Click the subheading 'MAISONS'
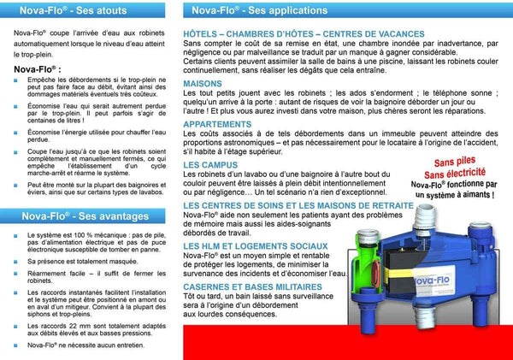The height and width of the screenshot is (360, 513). pyautogui.click(x=202, y=84)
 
